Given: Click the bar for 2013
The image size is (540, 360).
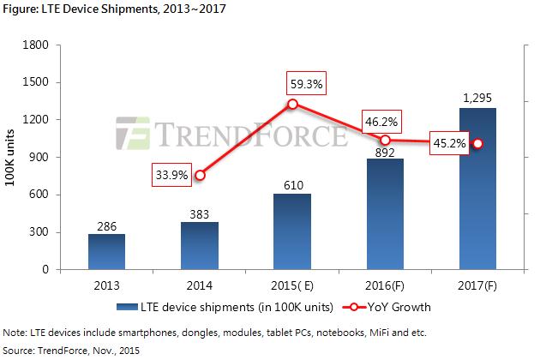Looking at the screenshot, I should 107,252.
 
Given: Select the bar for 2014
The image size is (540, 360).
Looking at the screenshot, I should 200,246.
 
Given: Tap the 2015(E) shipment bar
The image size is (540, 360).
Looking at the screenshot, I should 292,231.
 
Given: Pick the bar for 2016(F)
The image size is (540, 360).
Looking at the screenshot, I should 385,214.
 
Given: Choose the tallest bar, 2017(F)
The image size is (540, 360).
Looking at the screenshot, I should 477,189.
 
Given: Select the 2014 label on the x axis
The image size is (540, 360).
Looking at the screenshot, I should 200,285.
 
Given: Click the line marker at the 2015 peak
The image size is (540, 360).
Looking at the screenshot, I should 292,104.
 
